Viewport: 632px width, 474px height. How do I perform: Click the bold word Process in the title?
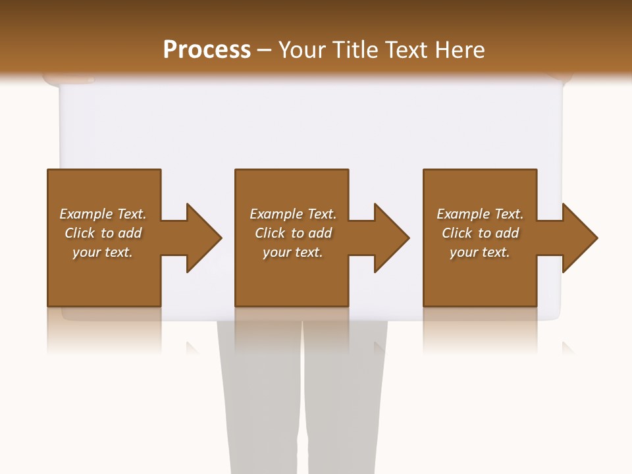(x=207, y=50)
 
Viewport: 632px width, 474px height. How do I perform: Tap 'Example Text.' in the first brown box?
(x=103, y=214)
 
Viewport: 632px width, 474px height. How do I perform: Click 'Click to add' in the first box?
(x=103, y=233)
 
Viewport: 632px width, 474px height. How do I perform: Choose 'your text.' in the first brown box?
(x=103, y=252)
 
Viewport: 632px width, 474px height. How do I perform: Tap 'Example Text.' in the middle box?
(x=293, y=214)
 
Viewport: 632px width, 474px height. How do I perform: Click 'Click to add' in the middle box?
(x=293, y=233)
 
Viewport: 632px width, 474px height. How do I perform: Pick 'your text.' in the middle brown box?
(x=293, y=252)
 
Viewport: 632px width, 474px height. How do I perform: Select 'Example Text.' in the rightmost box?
(x=480, y=214)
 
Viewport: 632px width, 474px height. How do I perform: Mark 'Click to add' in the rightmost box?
(x=480, y=233)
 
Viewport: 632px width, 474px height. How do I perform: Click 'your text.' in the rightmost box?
(x=480, y=252)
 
